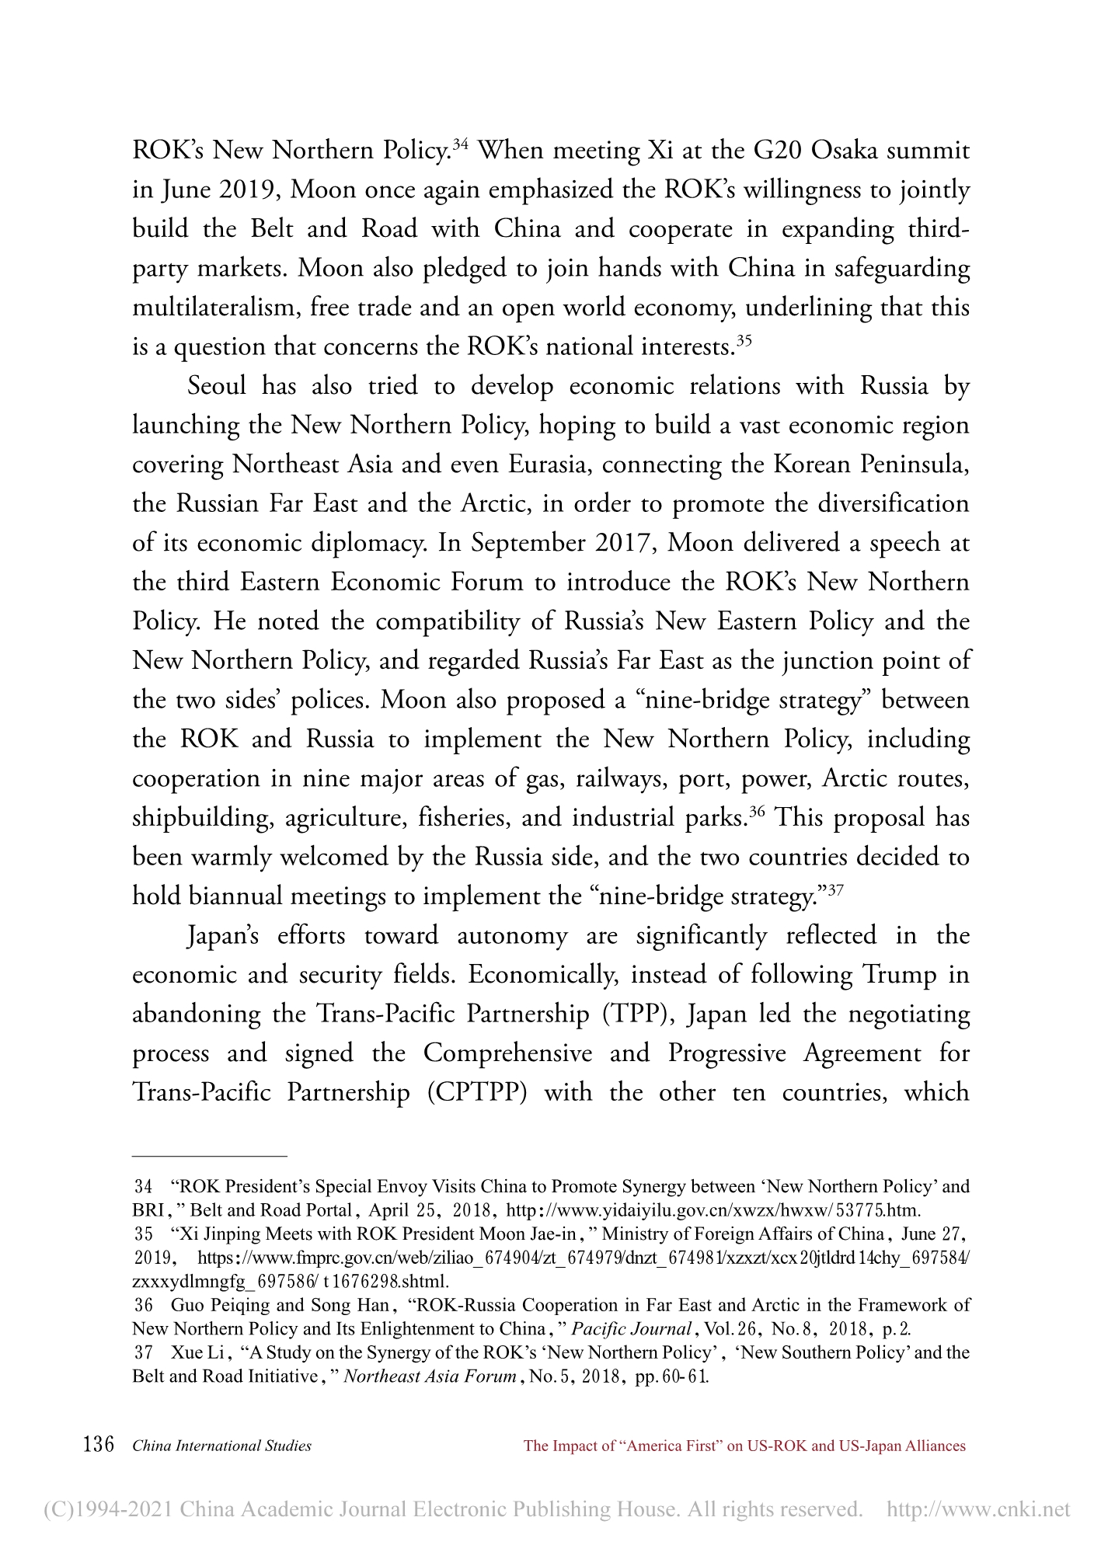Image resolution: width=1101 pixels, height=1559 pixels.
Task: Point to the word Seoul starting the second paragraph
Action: [x=217, y=385]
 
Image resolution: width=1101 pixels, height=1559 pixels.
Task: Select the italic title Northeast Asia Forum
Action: [x=430, y=1376]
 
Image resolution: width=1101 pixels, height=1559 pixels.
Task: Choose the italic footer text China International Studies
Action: [x=222, y=1446]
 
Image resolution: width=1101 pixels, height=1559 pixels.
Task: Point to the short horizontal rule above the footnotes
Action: [x=210, y=1156]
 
